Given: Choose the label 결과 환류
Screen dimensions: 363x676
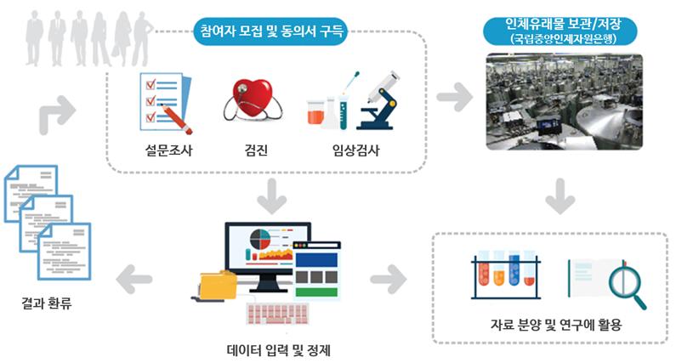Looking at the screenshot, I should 48,302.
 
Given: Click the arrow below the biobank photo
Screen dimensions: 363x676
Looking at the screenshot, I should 557,198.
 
